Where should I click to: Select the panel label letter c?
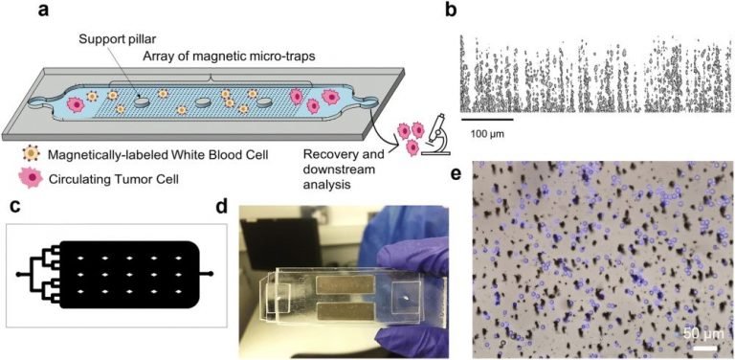tap(13, 206)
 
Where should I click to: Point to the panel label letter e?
tap(457, 174)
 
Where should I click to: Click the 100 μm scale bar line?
tap(487, 119)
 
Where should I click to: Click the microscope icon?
tap(440, 132)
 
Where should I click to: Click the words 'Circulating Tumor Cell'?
tap(105, 177)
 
